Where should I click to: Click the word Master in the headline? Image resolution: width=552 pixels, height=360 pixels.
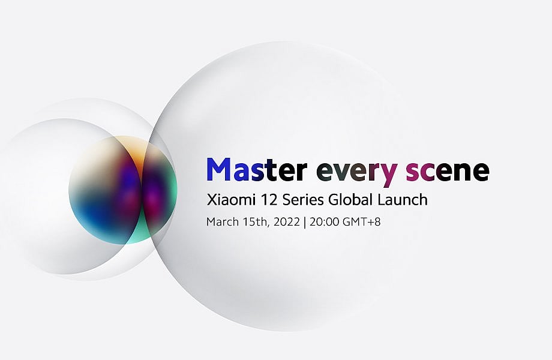coord(257,169)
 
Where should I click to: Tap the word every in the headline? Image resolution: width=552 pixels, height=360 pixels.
coord(357,173)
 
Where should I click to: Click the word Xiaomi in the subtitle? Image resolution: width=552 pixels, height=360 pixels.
coord(230,200)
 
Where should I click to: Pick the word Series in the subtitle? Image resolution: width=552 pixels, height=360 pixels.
coord(303,200)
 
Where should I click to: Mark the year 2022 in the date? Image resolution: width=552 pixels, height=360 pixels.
coord(287,222)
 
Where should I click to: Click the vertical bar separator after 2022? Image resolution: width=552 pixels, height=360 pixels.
coord(305,222)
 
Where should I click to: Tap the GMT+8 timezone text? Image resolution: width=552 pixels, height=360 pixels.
coord(362,222)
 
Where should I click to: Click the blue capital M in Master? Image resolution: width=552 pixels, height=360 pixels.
coord(218,169)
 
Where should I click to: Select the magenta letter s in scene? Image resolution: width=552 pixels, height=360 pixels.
coord(413,172)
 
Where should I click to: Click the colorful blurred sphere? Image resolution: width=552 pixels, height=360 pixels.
coord(122,190)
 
